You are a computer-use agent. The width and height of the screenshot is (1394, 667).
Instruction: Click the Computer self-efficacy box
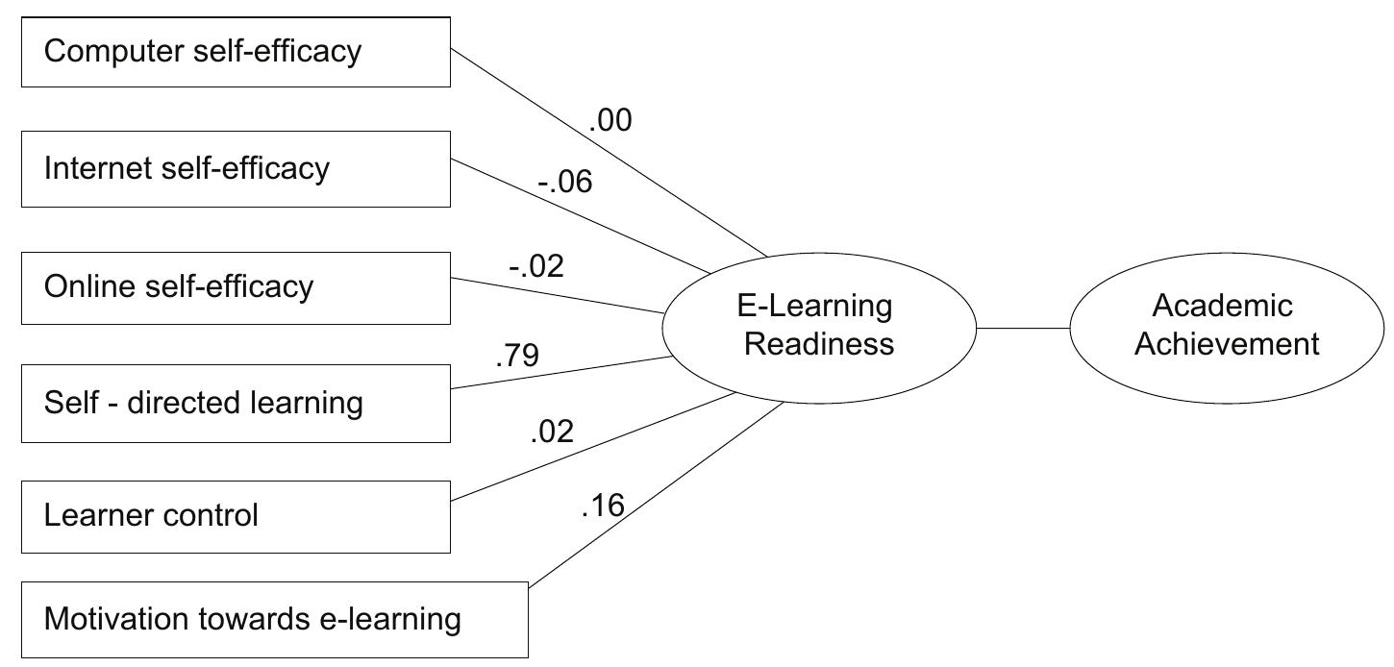[x=236, y=52]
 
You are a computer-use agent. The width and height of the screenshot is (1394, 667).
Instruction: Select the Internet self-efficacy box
[x=236, y=169]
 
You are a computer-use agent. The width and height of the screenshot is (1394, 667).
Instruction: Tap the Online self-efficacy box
[x=236, y=287]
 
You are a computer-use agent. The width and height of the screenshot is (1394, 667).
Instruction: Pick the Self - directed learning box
[x=236, y=404]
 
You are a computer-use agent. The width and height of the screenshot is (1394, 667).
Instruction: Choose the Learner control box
[x=236, y=517]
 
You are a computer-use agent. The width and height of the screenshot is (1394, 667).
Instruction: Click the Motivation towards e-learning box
[x=275, y=620]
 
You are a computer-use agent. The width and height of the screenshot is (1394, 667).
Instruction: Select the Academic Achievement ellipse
[x=1227, y=327]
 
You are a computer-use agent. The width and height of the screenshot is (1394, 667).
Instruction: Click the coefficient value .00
[x=610, y=122]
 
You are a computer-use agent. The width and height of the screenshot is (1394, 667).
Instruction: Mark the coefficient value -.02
[x=535, y=266]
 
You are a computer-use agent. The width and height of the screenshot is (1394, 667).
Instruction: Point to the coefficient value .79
[x=517, y=357]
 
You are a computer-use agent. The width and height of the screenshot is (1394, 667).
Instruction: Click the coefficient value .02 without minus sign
[x=552, y=432]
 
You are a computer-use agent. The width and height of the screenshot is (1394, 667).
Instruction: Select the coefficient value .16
[x=604, y=506]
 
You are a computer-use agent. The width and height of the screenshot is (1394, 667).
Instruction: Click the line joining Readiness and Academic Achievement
[x=1023, y=328]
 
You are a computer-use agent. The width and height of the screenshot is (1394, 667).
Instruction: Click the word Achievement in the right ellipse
[x=1227, y=344]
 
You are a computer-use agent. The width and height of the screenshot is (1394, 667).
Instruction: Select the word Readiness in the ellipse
[x=819, y=344]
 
